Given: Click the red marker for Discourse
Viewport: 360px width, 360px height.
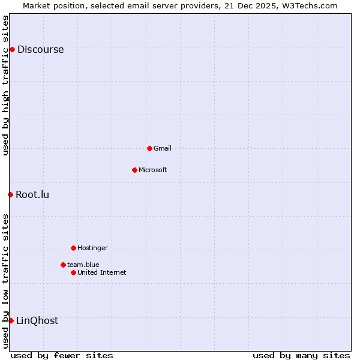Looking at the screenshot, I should pos(12,49).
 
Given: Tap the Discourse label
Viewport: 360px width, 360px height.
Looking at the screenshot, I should pos(40,50).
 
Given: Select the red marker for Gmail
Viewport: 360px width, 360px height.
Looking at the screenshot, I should pos(149,148).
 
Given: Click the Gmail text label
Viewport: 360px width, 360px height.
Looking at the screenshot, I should pos(163,148).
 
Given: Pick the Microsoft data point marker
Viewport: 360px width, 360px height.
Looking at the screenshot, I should pos(134,170).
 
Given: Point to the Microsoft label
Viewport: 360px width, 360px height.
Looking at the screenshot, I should pos(153,170).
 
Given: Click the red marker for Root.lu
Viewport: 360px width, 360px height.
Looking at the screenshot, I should pos(10,194).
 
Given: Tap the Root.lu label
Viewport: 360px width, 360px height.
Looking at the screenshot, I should pos(32,194).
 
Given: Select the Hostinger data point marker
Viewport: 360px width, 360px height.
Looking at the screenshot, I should pos(73,248).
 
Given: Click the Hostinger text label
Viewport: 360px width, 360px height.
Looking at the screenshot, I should pos(92,248).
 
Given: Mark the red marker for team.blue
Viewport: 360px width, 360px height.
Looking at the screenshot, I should pos(63,265).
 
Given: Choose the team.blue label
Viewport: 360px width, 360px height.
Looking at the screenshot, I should pos(83,265).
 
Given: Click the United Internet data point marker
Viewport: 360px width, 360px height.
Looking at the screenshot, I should pos(73,272).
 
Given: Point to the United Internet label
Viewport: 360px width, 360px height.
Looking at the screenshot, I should pos(102,272).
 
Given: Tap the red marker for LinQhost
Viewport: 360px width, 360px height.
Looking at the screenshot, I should pos(11,320).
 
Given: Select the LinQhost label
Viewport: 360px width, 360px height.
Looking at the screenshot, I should pos(37,320).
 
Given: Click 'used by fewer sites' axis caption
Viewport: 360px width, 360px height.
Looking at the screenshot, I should pos(62,355).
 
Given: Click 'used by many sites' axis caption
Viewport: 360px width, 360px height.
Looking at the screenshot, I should pos(301,355).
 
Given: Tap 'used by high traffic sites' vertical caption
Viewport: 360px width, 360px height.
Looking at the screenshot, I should pos(5,85).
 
